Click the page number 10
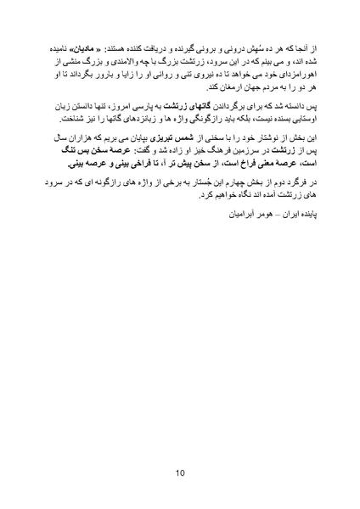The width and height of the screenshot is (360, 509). pyautogui.click(x=180, y=473)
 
